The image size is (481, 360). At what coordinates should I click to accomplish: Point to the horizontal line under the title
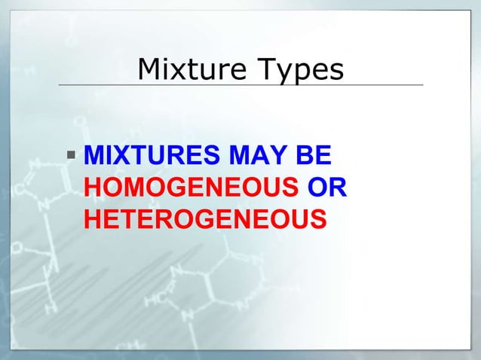(240, 85)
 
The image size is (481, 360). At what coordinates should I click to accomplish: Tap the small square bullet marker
(71, 157)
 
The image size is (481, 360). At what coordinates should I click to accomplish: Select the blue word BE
(309, 157)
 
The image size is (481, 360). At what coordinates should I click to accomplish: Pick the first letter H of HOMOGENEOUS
(92, 188)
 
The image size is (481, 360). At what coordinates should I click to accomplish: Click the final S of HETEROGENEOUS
(319, 219)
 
